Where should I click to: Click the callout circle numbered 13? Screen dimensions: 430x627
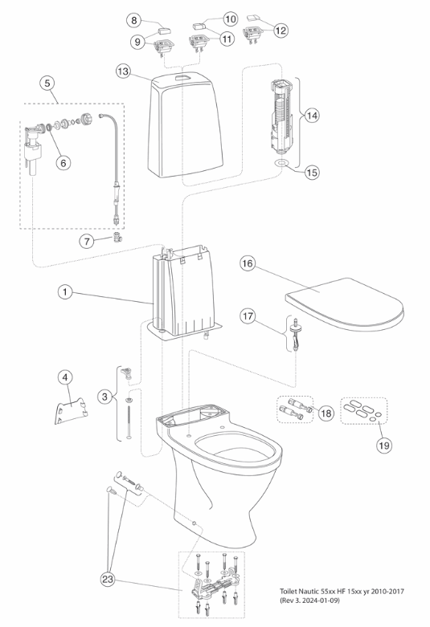pyautogui.click(x=124, y=71)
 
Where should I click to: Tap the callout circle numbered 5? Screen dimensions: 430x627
pyautogui.click(x=47, y=83)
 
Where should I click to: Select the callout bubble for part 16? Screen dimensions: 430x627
pyautogui.click(x=248, y=263)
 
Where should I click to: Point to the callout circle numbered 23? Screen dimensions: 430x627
pyautogui.click(x=108, y=580)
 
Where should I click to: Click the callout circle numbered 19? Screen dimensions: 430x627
pyautogui.click(x=384, y=445)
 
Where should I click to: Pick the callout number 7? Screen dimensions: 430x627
pyautogui.click(x=87, y=241)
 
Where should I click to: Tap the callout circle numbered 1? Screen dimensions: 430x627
pyautogui.click(x=65, y=292)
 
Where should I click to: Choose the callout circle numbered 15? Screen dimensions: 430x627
pyautogui.click(x=312, y=173)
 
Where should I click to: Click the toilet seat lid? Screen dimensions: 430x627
pyautogui.click(x=344, y=305)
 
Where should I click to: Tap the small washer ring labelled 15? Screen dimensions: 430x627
pyautogui.click(x=282, y=163)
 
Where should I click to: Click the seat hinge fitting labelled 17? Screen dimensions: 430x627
pyautogui.click(x=296, y=332)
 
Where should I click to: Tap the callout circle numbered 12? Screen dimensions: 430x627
pyautogui.click(x=281, y=30)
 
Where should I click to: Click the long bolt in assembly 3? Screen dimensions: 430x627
pyautogui.click(x=129, y=422)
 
